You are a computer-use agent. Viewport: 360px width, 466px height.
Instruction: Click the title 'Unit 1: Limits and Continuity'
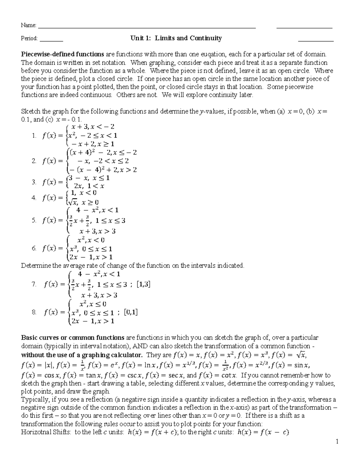[176, 38]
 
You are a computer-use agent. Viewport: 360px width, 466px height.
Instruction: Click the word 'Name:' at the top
[28, 25]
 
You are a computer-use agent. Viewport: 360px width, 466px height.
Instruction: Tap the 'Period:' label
[29, 38]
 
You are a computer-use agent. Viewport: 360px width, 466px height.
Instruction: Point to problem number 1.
[34, 136]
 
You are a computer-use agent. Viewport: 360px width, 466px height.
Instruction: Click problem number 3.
[34, 182]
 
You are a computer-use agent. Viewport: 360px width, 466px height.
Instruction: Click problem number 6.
[34, 248]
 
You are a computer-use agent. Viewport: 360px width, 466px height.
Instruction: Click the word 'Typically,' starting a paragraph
[33, 400]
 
